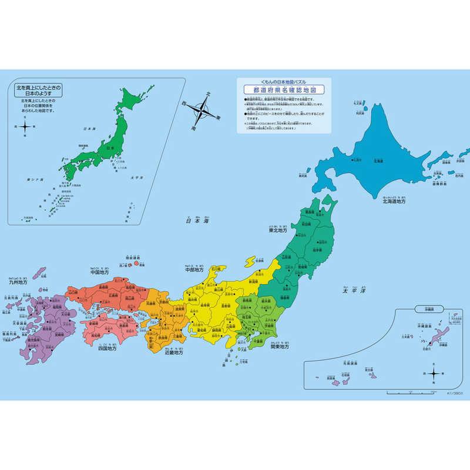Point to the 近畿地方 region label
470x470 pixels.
pyautogui.click(x=169, y=353)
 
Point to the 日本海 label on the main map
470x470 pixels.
pyautogui.click(x=197, y=221)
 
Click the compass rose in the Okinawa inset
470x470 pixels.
pyautogui.click(x=434, y=374)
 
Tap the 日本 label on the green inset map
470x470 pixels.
pyautogui.click(x=108, y=148)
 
